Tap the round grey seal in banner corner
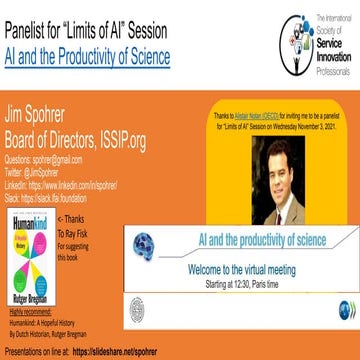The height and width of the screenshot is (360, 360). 145,300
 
